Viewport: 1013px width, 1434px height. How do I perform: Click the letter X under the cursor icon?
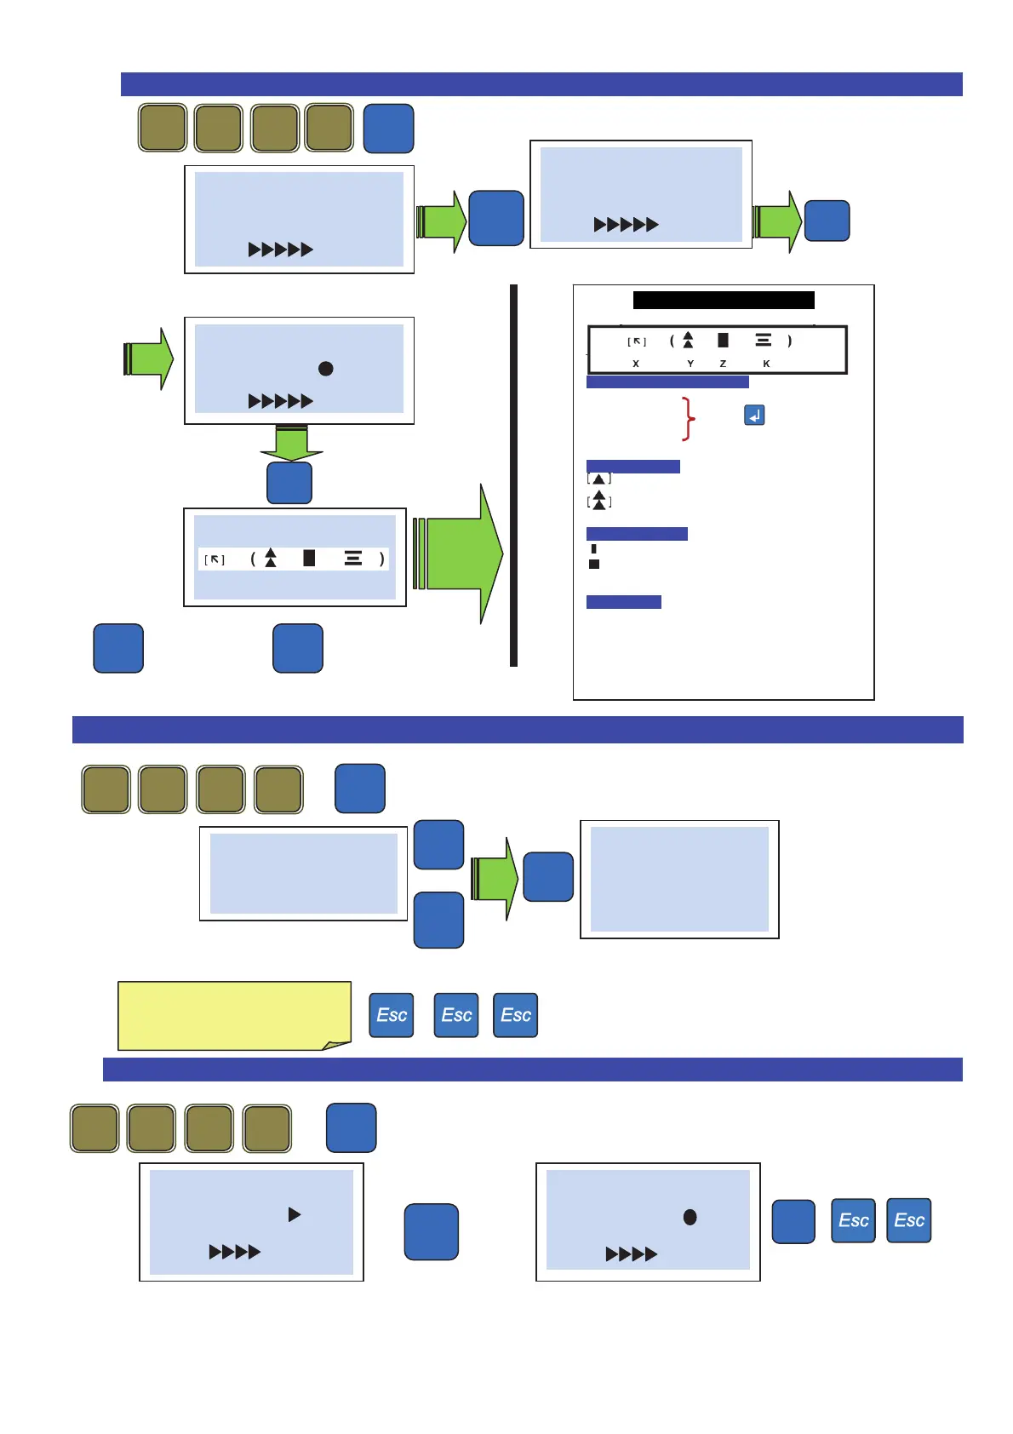(636, 364)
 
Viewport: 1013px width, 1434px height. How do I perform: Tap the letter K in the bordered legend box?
(766, 364)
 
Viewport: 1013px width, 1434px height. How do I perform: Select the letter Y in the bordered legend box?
(690, 364)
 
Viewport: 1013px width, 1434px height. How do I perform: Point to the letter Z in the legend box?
(723, 364)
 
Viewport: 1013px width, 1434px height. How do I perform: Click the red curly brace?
(689, 418)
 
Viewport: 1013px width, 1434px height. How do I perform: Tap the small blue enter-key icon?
(754, 416)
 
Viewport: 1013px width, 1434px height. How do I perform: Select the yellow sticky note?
(234, 1015)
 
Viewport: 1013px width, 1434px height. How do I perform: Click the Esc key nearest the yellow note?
(392, 1015)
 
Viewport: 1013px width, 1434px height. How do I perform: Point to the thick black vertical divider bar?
(513, 475)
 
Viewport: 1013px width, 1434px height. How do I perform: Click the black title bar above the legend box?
(724, 300)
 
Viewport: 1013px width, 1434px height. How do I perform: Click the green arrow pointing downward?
(291, 442)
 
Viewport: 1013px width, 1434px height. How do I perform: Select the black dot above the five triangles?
(325, 369)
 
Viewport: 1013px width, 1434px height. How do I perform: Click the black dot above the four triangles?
(690, 1218)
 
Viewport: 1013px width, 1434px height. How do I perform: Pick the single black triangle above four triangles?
(295, 1214)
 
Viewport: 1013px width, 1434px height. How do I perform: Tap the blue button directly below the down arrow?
(289, 483)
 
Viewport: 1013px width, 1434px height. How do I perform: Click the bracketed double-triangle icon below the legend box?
(599, 501)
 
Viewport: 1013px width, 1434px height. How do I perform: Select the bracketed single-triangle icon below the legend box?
(599, 479)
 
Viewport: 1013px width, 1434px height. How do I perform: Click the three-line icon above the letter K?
(764, 340)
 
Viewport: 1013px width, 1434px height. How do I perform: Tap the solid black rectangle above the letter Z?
(723, 340)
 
